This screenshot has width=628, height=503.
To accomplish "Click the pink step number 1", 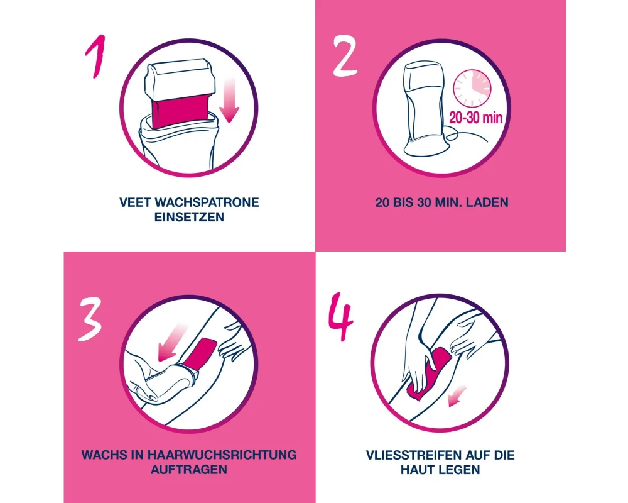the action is pyautogui.click(x=96, y=55).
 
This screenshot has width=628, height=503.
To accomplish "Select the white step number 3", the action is pyautogui.click(x=90, y=319).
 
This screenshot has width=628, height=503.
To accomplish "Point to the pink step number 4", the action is pyautogui.click(x=341, y=317).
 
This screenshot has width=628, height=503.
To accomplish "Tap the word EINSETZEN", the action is pyautogui.click(x=189, y=217).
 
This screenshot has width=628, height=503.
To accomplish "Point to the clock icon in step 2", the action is pyautogui.click(x=472, y=89).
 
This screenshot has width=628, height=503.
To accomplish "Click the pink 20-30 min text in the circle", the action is pyautogui.click(x=475, y=118).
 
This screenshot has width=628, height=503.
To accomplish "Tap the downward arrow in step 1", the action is pyautogui.click(x=229, y=100).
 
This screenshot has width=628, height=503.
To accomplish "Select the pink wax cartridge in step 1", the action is pyautogui.click(x=181, y=114).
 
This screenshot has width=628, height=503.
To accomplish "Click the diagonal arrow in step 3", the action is pyautogui.click(x=171, y=343).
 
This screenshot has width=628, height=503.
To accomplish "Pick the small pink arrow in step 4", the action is pyautogui.click(x=457, y=397).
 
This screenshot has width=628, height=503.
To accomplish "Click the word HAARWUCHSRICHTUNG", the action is pyautogui.click(x=222, y=455).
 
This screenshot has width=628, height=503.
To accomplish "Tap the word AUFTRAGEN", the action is pyautogui.click(x=189, y=470).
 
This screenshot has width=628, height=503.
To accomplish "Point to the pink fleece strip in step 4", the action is pyautogui.click(x=428, y=374).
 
